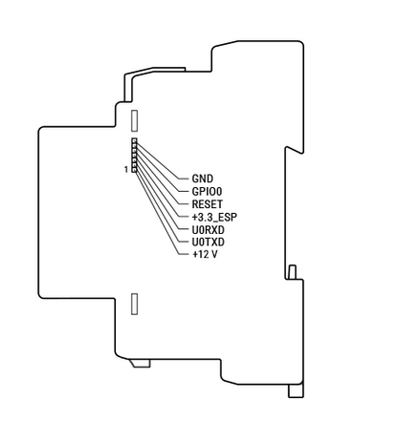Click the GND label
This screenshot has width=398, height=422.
(x=203, y=179)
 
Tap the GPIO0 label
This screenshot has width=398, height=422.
(x=207, y=191)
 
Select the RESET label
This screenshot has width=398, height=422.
(x=208, y=204)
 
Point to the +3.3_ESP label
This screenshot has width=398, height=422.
(x=214, y=217)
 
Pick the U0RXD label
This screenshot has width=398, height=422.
(x=209, y=229)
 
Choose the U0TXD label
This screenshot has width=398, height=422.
(x=209, y=243)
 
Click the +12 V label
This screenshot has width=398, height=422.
(x=205, y=255)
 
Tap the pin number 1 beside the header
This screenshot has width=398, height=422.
(x=126, y=170)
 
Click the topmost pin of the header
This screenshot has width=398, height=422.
(x=134, y=140)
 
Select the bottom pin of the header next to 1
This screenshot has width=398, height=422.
(x=134, y=170)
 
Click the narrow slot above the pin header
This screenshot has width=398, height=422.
(x=135, y=120)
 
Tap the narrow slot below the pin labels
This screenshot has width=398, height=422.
(x=135, y=304)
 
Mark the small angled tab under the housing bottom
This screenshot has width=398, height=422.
(x=141, y=363)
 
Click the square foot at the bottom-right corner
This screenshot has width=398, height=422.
(x=296, y=390)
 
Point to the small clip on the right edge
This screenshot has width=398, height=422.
(x=292, y=272)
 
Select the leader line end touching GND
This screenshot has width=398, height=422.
(x=188, y=179)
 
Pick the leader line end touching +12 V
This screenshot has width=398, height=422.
(x=188, y=255)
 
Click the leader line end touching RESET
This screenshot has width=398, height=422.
(x=188, y=204)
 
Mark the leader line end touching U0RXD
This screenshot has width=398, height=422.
(x=188, y=229)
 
